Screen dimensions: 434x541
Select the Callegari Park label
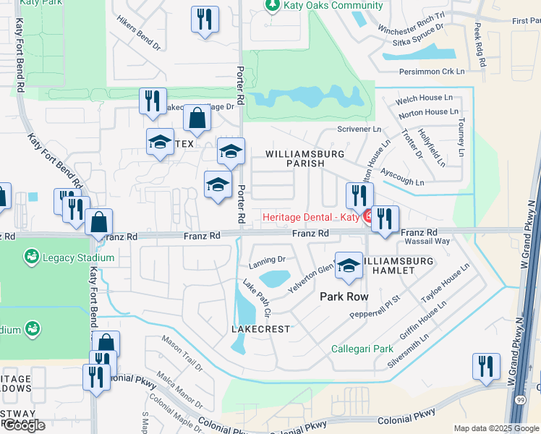[362, 349]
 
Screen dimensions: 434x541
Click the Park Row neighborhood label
[344, 297]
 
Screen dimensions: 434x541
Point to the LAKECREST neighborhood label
[260, 329]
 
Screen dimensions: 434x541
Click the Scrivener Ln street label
[359, 129]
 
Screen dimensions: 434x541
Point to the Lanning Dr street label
[268, 259]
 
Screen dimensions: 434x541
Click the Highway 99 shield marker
[521, 420]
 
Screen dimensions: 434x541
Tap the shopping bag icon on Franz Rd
[98, 222]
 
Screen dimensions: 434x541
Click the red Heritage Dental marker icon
[367, 216]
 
